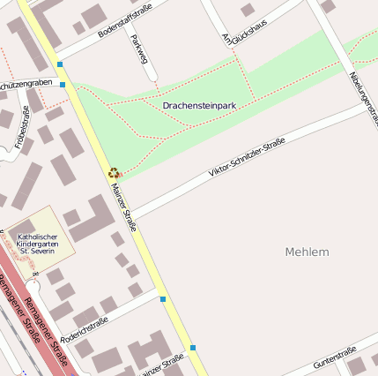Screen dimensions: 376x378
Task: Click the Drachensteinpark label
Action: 199,106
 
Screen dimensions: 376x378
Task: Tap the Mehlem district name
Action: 308,252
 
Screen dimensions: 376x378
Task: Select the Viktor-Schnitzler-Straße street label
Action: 246,159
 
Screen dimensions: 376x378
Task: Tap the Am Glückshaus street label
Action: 232,31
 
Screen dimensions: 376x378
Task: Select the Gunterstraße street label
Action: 335,357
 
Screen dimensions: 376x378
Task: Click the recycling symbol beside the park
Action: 114,173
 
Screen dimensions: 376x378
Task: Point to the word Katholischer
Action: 37,237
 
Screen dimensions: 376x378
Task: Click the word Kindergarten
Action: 38,244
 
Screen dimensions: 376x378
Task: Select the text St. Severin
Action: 38,252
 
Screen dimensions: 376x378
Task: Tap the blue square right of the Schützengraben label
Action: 63,85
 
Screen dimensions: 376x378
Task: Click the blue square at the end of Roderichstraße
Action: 163,300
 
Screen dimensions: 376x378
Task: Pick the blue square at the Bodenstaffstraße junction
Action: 60,64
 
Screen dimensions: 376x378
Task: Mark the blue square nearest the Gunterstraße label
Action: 192,347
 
